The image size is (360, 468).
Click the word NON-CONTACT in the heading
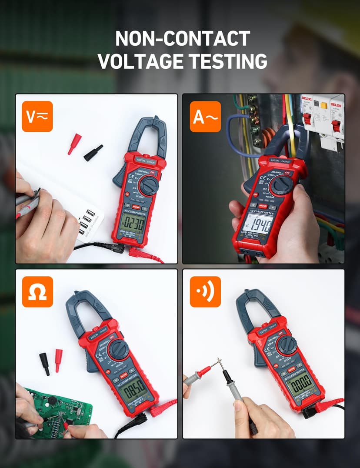pyautogui.click(x=182, y=39)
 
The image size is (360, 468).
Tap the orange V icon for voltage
pyautogui.click(x=37, y=117)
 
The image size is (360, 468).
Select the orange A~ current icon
pyautogui.click(x=205, y=117)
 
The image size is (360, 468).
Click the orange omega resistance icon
pyautogui.click(x=37, y=292)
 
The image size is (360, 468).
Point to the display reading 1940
pyautogui.click(x=257, y=226)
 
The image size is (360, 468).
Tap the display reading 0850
pyautogui.click(x=133, y=385)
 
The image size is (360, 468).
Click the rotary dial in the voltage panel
pyautogui.click(x=149, y=186)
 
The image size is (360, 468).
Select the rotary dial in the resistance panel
pyautogui.click(x=118, y=349)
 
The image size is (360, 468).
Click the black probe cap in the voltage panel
pyautogui.click(x=93, y=153)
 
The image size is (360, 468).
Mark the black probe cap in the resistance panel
pyautogui.click(x=44, y=364)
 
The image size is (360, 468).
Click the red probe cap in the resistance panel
pyautogui.click(x=58, y=360)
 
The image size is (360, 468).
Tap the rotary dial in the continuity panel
pyautogui.click(x=287, y=345)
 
